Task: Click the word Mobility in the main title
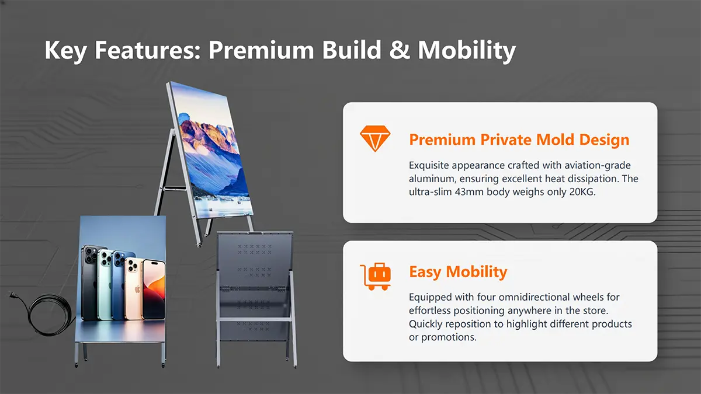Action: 467,51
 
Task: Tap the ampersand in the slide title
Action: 400,50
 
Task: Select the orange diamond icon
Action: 375,138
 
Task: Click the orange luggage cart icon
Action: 376,277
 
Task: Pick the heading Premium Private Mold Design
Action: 519,140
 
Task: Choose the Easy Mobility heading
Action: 458,271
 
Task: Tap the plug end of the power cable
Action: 12,295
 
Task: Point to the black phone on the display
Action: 90,283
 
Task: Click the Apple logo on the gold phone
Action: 137,288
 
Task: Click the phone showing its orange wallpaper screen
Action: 154,290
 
